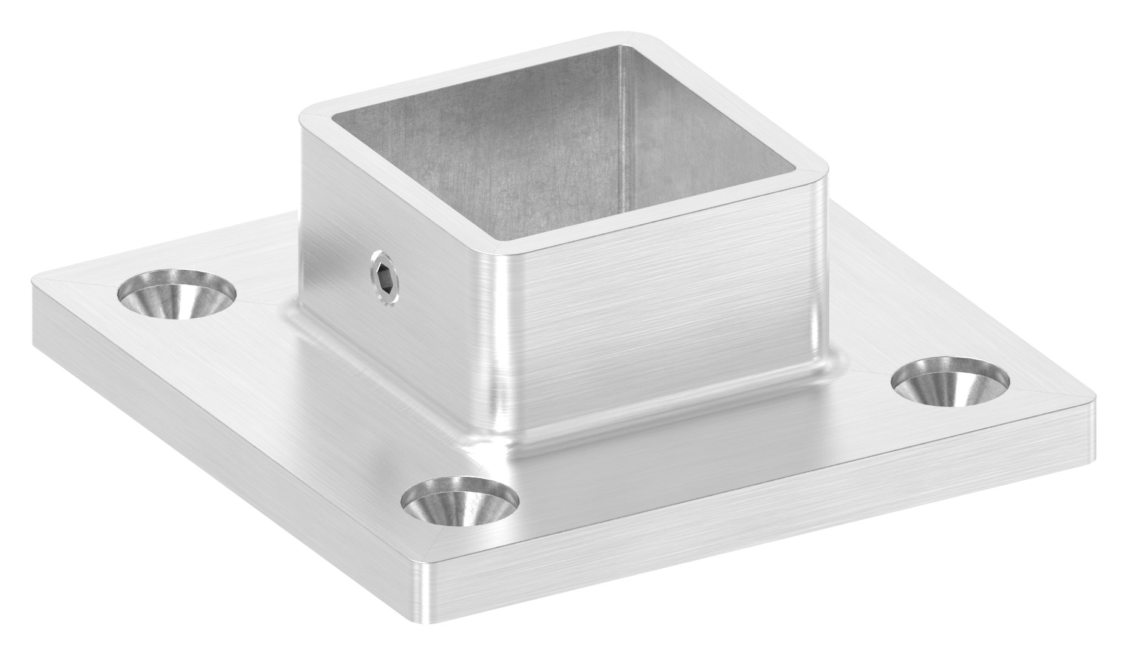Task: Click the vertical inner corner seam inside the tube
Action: (622, 121)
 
